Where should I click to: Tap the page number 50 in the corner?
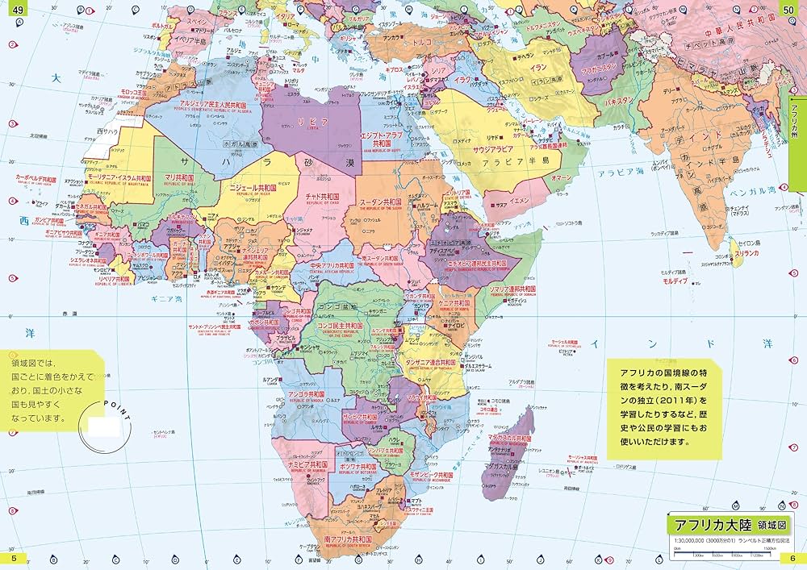click(x=794, y=8)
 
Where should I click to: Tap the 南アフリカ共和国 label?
click(x=348, y=538)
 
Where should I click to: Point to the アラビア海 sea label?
click(x=619, y=173)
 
